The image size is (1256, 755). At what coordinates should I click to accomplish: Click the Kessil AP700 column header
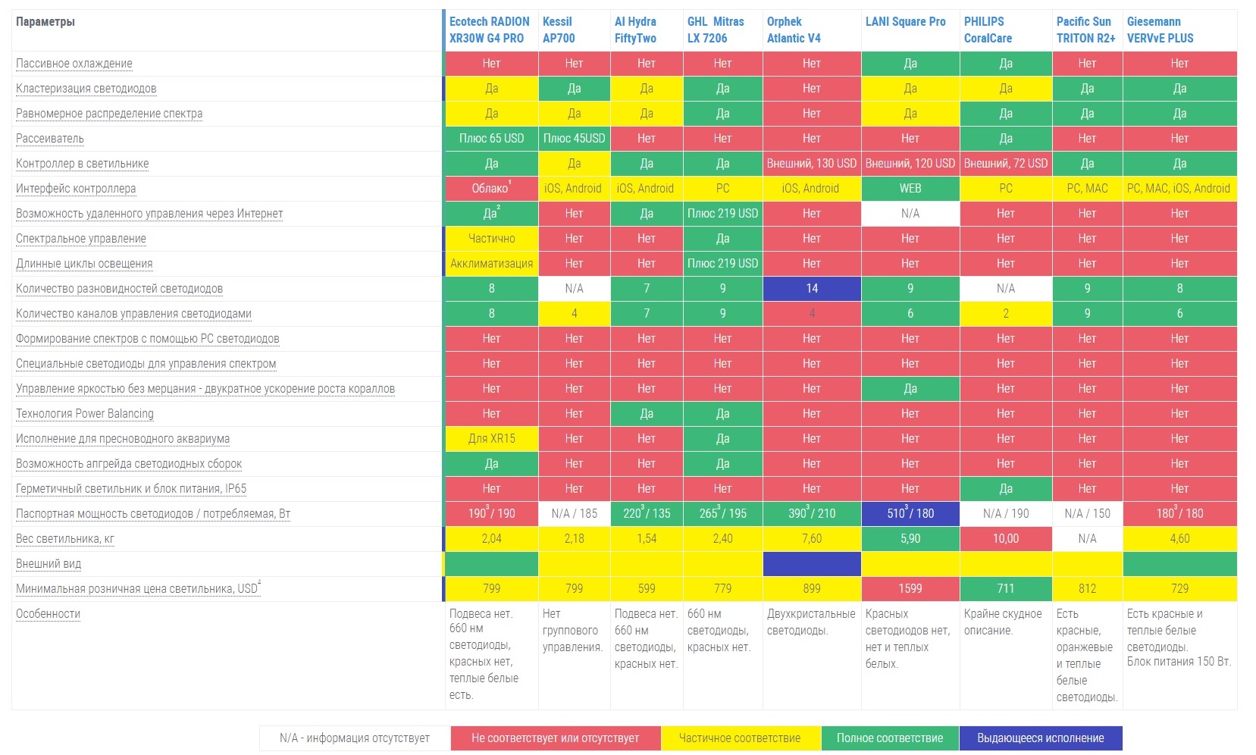(559, 30)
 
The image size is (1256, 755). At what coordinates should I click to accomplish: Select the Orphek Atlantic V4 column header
(794, 30)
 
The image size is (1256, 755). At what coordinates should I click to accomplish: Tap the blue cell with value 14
(812, 289)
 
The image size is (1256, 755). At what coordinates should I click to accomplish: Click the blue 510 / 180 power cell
(910, 514)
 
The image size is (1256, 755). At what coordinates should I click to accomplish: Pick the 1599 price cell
(910, 589)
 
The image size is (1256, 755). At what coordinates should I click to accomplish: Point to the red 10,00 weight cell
(1006, 539)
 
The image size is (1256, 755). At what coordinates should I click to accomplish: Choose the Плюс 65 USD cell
(491, 139)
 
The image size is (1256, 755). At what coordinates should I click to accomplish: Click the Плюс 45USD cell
(574, 139)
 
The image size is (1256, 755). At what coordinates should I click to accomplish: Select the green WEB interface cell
(910, 189)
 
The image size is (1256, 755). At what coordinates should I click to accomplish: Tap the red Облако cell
(491, 189)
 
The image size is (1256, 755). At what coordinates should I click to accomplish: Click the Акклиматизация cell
(491, 264)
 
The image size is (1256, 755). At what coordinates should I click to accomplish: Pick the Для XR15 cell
(491, 439)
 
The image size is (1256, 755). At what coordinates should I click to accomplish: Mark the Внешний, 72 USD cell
(1006, 164)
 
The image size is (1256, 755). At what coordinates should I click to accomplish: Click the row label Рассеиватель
(50, 139)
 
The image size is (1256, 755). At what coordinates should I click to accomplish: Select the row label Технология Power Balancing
(85, 414)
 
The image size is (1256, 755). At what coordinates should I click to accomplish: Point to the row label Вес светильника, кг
(65, 539)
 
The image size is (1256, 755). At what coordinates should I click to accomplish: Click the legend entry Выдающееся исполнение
(1040, 738)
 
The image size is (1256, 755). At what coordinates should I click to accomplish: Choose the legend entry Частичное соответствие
(740, 738)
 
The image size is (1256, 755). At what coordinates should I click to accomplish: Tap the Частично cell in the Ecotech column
(491, 239)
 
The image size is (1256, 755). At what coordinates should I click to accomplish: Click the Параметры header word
(45, 22)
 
